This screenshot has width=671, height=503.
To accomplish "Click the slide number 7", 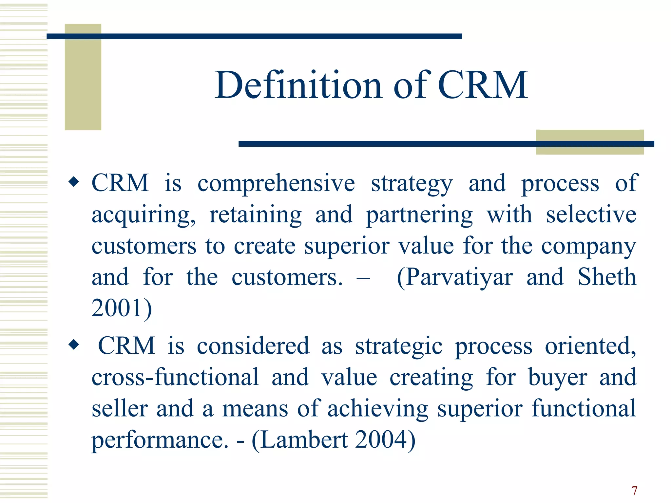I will [634, 491].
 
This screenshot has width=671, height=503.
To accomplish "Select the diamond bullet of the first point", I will [74, 182].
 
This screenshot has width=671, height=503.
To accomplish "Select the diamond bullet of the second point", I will [74, 345].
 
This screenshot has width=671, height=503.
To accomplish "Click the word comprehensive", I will [276, 183].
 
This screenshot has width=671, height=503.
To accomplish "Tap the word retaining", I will [256, 215].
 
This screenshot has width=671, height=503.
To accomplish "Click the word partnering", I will [419, 215].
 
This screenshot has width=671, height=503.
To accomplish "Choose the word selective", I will [591, 214].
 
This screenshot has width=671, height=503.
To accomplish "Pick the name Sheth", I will [606, 277].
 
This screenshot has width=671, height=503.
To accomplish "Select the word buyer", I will [557, 378].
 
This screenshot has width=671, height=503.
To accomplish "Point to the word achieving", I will [377, 409].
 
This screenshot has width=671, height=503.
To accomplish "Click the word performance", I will [160, 440].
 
